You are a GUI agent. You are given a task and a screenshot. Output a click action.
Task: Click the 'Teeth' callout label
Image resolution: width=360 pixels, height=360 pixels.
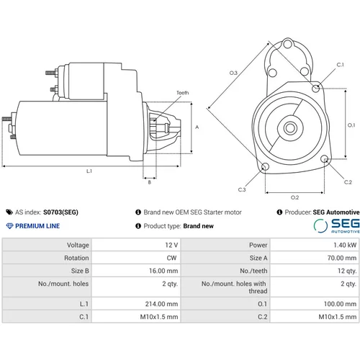(183, 93)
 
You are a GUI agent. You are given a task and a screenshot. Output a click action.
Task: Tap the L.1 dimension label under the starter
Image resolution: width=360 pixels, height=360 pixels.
(89, 171)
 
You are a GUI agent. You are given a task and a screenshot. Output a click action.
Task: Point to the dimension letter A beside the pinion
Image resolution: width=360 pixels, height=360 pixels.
(197, 127)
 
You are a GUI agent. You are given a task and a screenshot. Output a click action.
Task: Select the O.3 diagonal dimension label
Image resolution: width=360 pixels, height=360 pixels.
(233, 73)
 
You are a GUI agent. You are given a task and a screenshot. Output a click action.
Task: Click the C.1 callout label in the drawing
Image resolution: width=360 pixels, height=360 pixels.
(340, 65)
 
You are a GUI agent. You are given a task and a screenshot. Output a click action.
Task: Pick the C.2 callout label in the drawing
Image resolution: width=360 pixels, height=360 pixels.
(348, 182)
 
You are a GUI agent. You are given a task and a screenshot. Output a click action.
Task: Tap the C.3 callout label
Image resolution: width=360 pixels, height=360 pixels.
(242, 189)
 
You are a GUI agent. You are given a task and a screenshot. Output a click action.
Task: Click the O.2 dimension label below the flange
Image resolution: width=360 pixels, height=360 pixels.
(294, 197)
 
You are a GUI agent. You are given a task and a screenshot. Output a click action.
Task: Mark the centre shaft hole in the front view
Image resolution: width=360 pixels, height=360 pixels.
(290, 128)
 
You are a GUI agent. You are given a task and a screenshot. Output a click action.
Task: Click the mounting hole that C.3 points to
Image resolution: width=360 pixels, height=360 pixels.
(265, 166)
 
